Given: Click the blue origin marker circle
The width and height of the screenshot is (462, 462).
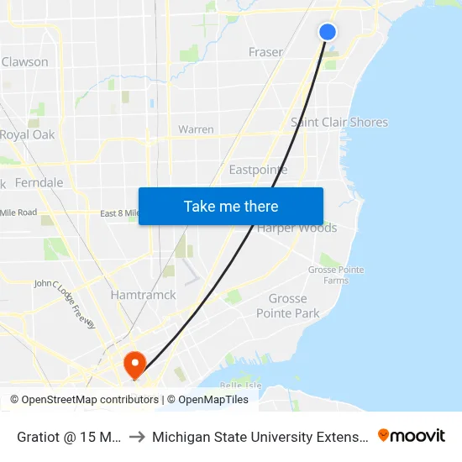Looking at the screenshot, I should (328, 32).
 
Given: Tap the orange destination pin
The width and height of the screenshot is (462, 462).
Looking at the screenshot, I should (134, 363).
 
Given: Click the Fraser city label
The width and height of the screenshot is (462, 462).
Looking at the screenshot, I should (265, 52).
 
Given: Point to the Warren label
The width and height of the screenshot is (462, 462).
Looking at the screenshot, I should (196, 129).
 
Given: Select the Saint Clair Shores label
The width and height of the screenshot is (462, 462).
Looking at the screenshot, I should (339, 122).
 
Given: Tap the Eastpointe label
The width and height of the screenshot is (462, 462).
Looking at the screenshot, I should (258, 170).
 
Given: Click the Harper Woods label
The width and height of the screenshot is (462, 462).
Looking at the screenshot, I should (297, 228).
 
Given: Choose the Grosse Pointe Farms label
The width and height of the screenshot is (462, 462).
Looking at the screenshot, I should (328, 275).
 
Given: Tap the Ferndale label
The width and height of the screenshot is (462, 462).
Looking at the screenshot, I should (39, 182).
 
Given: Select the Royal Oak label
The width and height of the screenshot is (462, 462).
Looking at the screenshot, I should (27, 134).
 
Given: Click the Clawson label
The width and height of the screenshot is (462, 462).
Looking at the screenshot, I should (25, 61).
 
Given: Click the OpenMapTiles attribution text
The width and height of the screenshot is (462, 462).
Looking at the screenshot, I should (213, 400).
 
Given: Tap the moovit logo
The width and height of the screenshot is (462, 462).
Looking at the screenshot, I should (412, 435).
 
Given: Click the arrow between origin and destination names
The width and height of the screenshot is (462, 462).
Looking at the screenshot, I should (136, 436).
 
